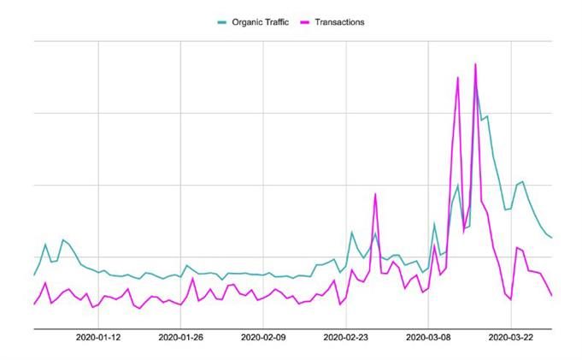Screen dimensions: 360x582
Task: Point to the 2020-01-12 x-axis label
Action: (x=98, y=338)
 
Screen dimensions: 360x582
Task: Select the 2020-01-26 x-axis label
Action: (x=180, y=338)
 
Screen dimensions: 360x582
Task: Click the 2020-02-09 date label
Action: (x=262, y=338)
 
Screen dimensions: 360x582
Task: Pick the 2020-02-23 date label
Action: (x=345, y=338)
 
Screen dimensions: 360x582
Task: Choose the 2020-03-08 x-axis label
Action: (x=427, y=338)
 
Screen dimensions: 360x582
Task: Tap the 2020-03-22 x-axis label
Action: (x=510, y=338)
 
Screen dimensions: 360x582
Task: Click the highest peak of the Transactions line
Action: (x=475, y=64)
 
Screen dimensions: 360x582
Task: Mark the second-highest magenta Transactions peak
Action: (x=458, y=78)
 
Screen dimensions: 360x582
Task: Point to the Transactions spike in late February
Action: (x=374, y=194)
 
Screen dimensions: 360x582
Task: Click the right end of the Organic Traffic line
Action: (x=552, y=238)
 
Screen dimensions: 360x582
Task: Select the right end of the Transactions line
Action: (x=552, y=296)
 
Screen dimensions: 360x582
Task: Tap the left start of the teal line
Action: (x=34, y=274)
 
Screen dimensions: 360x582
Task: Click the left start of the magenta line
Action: (x=34, y=304)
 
